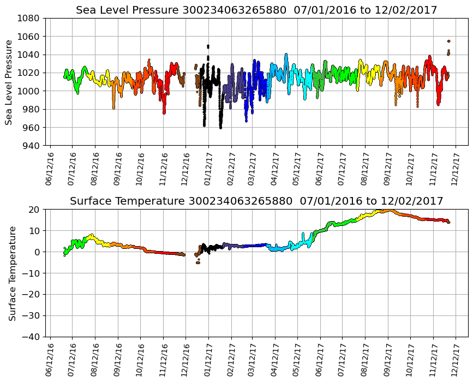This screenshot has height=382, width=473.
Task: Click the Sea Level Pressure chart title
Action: [x=256, y=10]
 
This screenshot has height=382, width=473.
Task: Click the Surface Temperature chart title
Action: [x=256, y=201]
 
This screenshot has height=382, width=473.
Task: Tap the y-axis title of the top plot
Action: [x=9, y=82]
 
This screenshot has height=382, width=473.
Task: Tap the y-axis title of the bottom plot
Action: [x=12, y=273]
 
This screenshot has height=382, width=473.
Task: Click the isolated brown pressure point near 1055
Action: [x=448, y=41]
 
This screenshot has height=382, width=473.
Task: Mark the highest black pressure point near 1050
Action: [x=208, y=46]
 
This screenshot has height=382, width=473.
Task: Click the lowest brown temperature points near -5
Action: [x=197, y=262]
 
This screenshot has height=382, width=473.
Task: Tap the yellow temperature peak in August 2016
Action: [x=91, y=235]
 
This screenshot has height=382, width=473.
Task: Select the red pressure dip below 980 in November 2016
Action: [x=164, y=112]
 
